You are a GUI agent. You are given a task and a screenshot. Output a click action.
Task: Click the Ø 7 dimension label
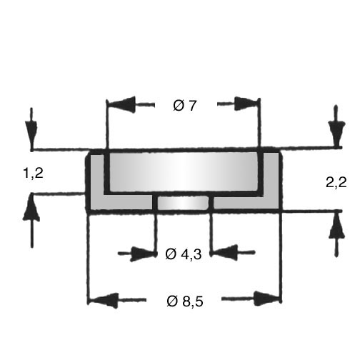(x=184, y=106)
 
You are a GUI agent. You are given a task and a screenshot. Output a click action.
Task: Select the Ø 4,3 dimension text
(x=184, y=254)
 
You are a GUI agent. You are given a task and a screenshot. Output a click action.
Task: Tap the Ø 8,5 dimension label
(x=185, y=301)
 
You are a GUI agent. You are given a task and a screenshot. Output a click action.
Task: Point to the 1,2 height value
(x=34, y=173)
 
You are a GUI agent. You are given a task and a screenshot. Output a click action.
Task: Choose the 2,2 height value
(x=336, y=183)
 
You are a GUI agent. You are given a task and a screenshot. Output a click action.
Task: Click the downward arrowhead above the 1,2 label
(x=31, y=134)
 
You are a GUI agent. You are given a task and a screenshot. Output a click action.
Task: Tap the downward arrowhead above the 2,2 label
(x=336, y=132)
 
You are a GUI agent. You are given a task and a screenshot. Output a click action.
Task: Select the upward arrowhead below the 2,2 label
(x=336, y=225)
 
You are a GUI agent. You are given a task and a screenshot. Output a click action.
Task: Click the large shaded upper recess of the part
(x=184, y=172)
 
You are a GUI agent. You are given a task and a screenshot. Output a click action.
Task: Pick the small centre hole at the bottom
(x=183, y=203)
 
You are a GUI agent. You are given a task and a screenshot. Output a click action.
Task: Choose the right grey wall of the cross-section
(x=271, y=181)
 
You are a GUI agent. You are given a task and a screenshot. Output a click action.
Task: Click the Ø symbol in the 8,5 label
(x=172, y=301)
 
